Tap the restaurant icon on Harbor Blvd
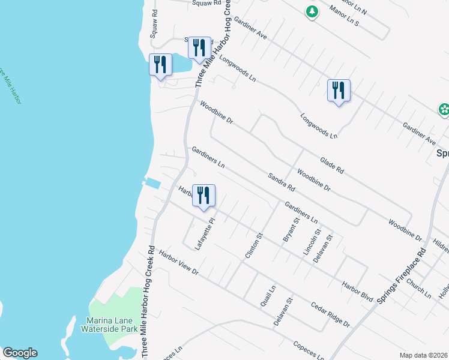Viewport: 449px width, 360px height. (x=203, y=196)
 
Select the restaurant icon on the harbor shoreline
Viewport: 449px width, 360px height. (x=160, y=64)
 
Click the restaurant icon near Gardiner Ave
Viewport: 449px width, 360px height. (x=339, y=90)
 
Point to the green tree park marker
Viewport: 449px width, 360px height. (x=312, y=11)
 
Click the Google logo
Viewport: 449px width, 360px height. (x=20, y=353)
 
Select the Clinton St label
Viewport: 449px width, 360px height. (x=255, y=246)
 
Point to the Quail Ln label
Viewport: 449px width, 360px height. (x=268, y=296)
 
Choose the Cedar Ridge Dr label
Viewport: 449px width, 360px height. (x=330, y=314)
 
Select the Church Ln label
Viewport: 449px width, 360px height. (x=418, y=288)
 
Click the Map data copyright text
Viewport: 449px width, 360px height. (x=423, y=355)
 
